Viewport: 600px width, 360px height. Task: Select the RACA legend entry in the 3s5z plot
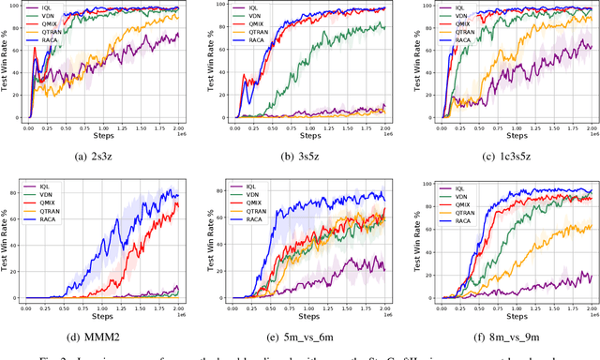(x=256, y=40)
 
